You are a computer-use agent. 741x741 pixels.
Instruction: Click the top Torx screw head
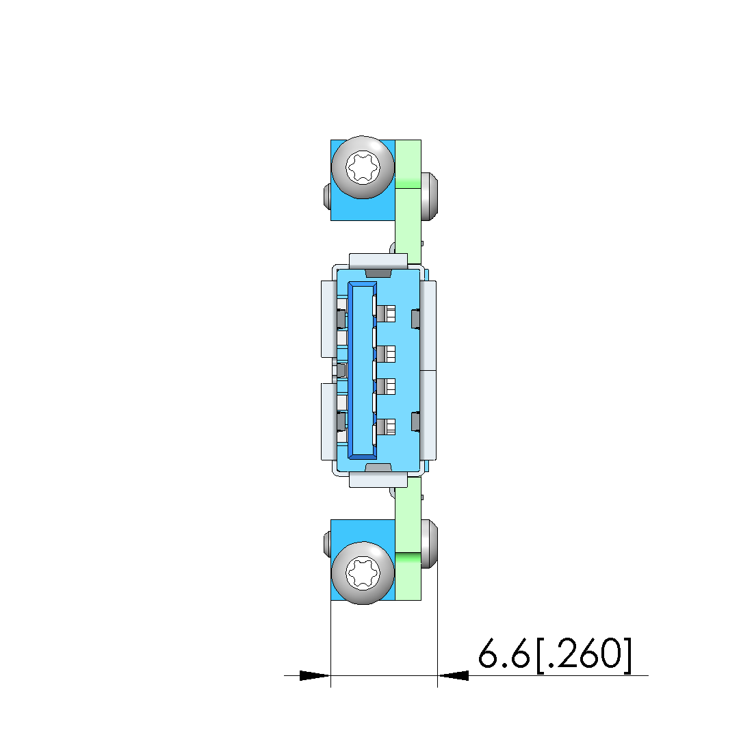[363, 168]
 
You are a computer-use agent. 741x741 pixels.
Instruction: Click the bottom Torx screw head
[363, 573]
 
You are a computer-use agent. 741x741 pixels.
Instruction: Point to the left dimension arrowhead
[315, 676]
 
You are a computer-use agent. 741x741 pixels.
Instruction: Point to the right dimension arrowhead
[453, 676]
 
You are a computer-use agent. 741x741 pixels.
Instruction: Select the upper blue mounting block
[363, 180]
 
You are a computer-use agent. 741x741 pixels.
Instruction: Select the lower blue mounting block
[363, 560]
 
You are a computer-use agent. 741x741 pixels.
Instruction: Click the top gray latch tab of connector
[378, 273]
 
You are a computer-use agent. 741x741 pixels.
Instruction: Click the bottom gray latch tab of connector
[378, 467]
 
